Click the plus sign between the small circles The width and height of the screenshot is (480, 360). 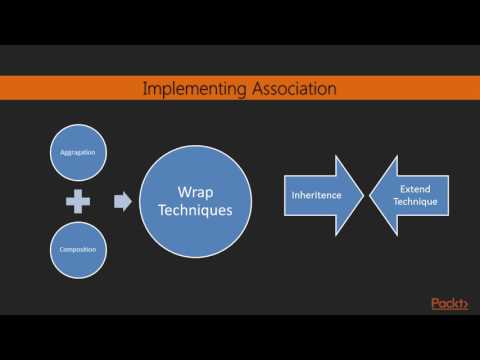(78, 202)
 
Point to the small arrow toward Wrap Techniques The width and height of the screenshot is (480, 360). (123, 202)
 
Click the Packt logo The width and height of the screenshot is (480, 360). (450, 304)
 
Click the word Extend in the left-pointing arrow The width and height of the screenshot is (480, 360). (416, 188)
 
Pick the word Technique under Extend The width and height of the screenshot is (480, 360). (416, 203)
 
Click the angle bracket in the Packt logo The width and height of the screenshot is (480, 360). (466, 304)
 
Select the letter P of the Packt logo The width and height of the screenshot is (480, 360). (436, 304)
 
